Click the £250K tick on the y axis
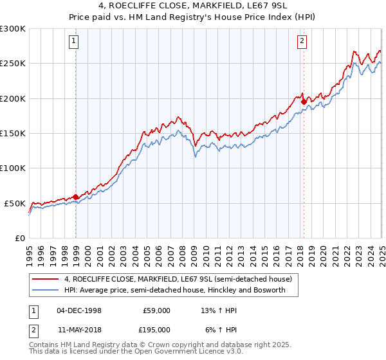coord(13,64)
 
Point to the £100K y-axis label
coord(13,168)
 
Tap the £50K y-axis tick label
coord(15,203)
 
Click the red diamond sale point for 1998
coord(76,197)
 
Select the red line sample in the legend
coord(46,279)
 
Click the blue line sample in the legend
coord(46,290)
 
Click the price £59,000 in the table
coord(156,310)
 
